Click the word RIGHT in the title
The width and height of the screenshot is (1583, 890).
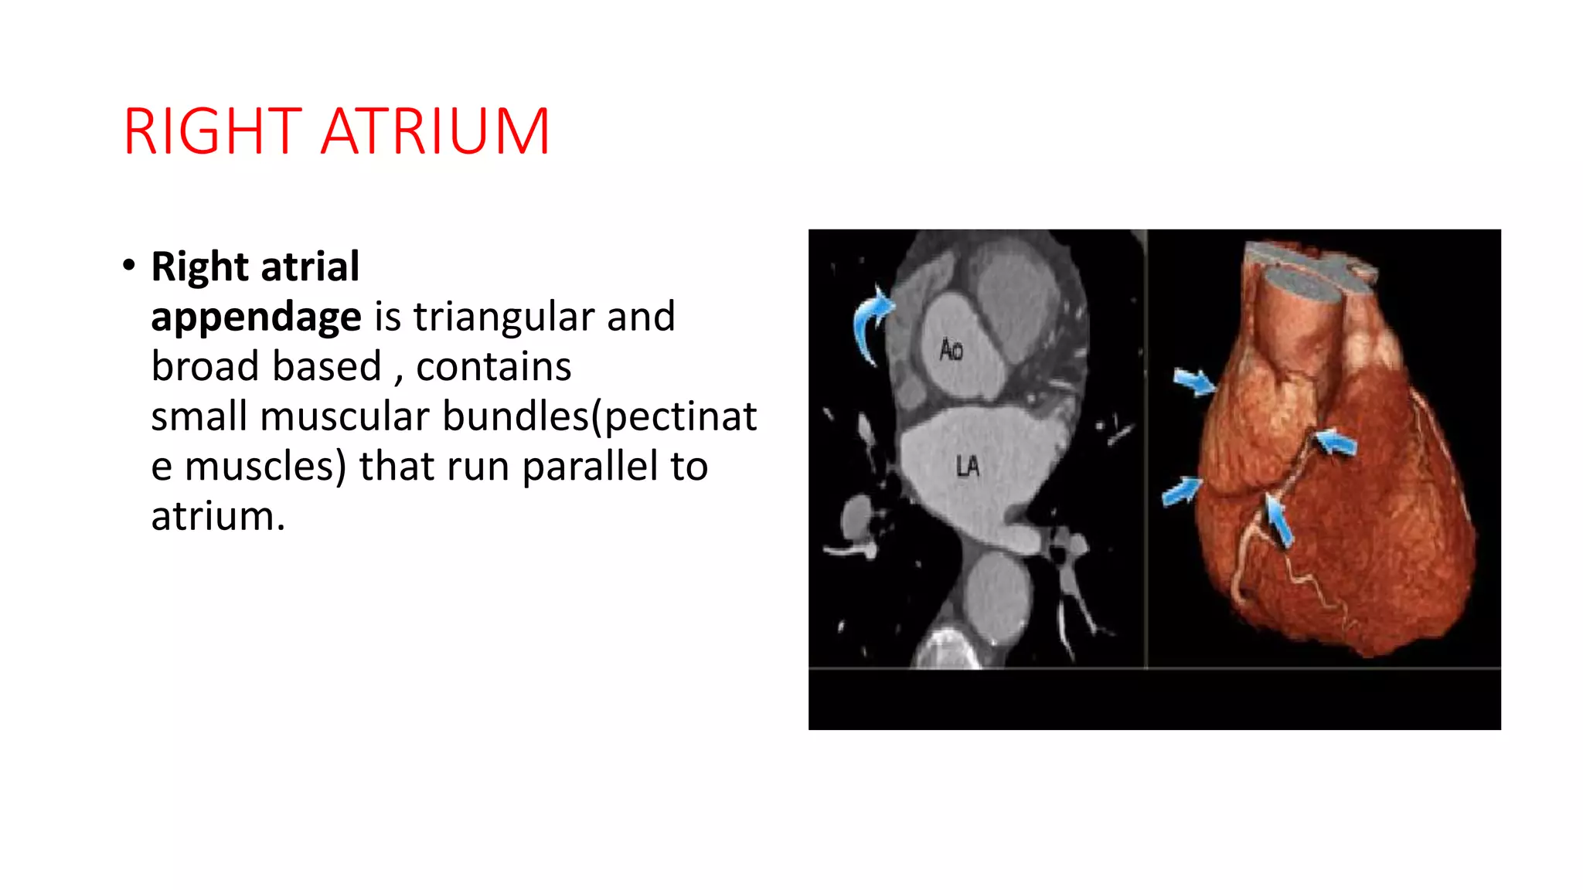click(x=212, y=132)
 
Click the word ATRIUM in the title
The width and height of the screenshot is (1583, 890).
click(x=435, y=132)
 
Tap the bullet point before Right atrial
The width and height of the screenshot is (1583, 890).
click(x=129, y=266)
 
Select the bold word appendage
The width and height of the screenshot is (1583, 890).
click(x=256, y=317)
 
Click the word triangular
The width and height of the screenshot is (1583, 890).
click(x=502, y=317)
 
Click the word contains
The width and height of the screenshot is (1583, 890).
click(x=493, y=366)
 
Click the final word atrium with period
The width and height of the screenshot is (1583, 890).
click(x=218, y=516)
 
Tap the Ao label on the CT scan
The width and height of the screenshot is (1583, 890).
click(x=951, y=351)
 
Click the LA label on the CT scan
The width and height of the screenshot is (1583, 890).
click(x=967, y=466)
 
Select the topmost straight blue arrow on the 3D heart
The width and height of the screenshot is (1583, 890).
click(x=1193, y=381)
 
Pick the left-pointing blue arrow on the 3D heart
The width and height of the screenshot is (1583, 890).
click(x=1336, y=443)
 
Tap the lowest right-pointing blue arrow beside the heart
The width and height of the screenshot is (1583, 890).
click(x=1182, y=491)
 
